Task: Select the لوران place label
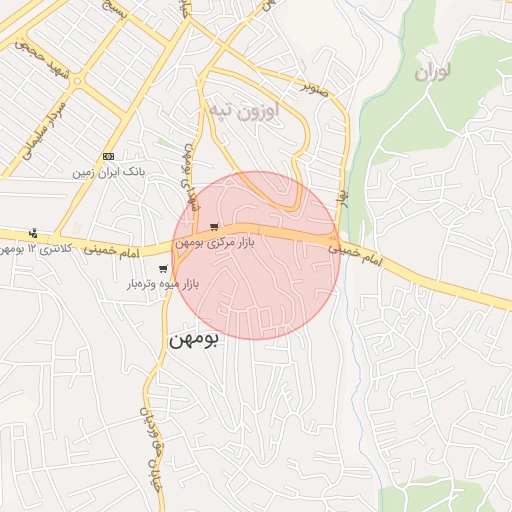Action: pos(431,72)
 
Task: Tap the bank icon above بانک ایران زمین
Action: pos(108,157)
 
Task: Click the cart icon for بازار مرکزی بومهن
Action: pos(213,227)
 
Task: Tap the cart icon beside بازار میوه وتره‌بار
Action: pos(162,269)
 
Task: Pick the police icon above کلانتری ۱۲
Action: pos(35,233)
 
